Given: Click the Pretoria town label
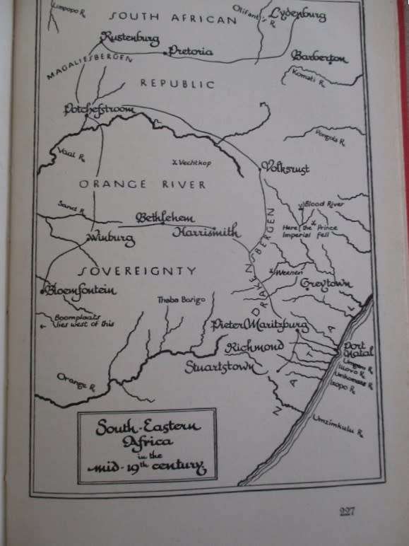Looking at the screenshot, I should pos(191,51).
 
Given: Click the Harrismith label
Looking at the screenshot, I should pos(207,233).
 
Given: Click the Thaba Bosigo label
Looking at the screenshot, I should pos(181,300).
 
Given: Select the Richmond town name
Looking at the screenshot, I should pos(254,347).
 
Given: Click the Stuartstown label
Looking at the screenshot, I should pos(218,368).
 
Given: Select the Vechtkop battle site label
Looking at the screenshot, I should pos(192,162).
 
